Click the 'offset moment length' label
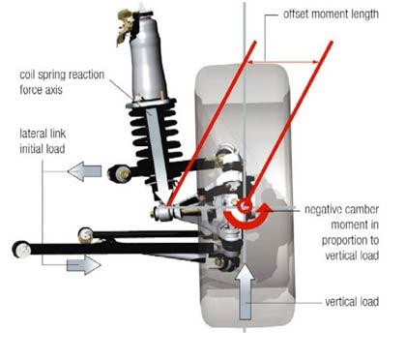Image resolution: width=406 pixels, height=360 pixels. point(331,15)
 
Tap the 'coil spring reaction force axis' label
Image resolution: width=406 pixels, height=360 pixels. point(62,82)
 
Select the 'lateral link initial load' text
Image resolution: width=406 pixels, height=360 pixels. point(43,141)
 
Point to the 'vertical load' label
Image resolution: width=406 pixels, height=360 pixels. point(352,302)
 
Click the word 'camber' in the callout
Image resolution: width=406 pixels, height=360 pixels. point(361,210)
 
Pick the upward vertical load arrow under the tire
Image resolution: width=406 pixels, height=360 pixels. point(246,291)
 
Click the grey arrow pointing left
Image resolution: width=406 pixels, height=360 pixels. point(84,171)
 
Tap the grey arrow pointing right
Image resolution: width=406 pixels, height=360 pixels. point(84,265)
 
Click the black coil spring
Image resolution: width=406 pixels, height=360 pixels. point(152,135)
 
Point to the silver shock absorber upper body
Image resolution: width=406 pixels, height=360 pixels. point(146,59)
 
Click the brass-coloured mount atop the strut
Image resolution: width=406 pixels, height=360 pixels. point(125,25)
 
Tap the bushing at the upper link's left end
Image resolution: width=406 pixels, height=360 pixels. point(120,173)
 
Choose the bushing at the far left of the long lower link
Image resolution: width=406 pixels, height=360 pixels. point(21,250)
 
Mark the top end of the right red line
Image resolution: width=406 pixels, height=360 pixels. point(332,42)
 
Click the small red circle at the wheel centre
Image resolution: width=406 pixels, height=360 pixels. point(244,205)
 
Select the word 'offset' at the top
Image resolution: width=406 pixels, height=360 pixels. point(296,15)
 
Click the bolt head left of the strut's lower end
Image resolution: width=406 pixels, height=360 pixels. point(154,213)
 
